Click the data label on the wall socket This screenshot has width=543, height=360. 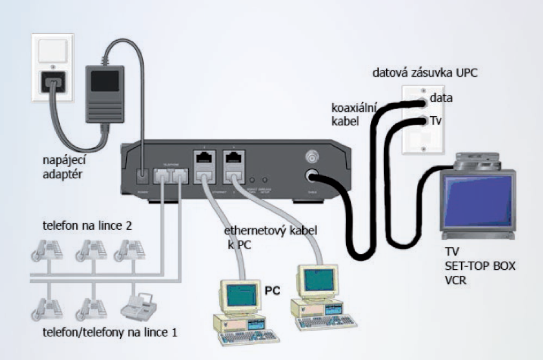click(x=441, y=98)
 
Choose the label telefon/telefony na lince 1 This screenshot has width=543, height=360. click(x=109, y=331)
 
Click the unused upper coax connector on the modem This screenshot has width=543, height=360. click(x=310, y=156)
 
